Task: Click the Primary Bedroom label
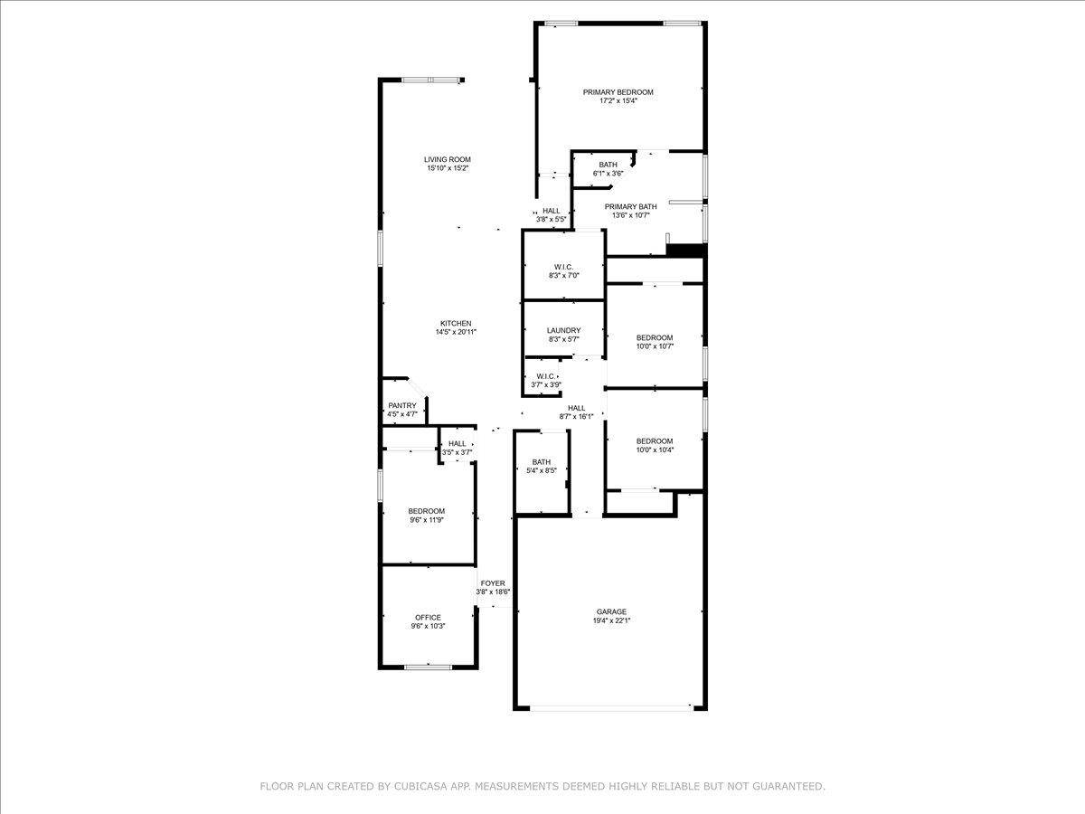tap(618, 92)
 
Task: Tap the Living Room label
tap(448, 160)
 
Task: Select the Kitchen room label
tap(456, 324)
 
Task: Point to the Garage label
tap(611, 612)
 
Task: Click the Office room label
tap(428, 618)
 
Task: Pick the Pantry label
tap(402, 406)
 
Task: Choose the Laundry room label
tap(563, 331)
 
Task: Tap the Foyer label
tap(493, 583)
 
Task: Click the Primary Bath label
tap(631, 207)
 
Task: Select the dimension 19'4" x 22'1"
tap(611, 620)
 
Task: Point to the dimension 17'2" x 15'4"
tap(618, 100)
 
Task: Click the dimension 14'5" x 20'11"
tap(456, 332)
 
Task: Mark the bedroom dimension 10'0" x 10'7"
tap(655, 346)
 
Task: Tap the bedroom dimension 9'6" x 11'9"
tap(427, 520)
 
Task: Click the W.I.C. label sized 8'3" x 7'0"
tap(563, 268)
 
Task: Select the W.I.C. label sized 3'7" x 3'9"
tap(546, 376)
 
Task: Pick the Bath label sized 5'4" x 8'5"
tap(542, 462)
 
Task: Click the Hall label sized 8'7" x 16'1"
tap(576, 408)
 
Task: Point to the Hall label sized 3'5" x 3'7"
tap(458, 444)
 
